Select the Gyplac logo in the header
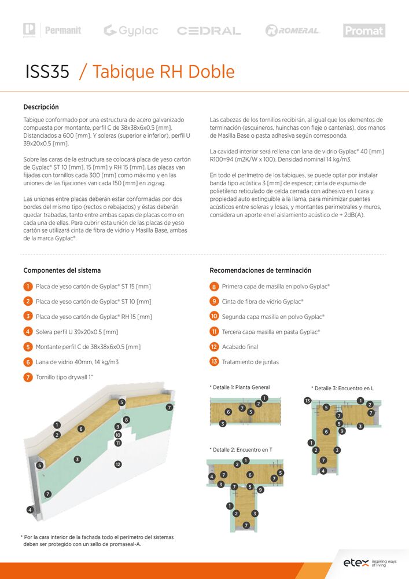(x=131, y=31)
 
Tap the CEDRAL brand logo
(x=209, y=31)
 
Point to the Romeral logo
(x=292, y=31)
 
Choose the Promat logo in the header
(x=364, y=31)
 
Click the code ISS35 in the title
(x=47, y=72)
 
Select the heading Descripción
(x=41, y=107)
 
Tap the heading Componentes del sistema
(x=62, y=270)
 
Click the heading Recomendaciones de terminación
(x=260, y=270)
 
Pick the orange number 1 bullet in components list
(x=28, y=287)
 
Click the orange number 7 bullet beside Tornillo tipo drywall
(x=28, y=378)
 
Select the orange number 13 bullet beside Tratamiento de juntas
(x=214, y=362)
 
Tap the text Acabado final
(x=240, y=347)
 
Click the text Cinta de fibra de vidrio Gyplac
(x=263, y=302)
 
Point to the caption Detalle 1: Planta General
(x=239, y=387)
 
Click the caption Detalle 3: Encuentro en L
(x=342, y=388)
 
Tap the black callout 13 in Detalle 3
(x=307, y=401)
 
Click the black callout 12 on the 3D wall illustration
(x=118, y=464)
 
